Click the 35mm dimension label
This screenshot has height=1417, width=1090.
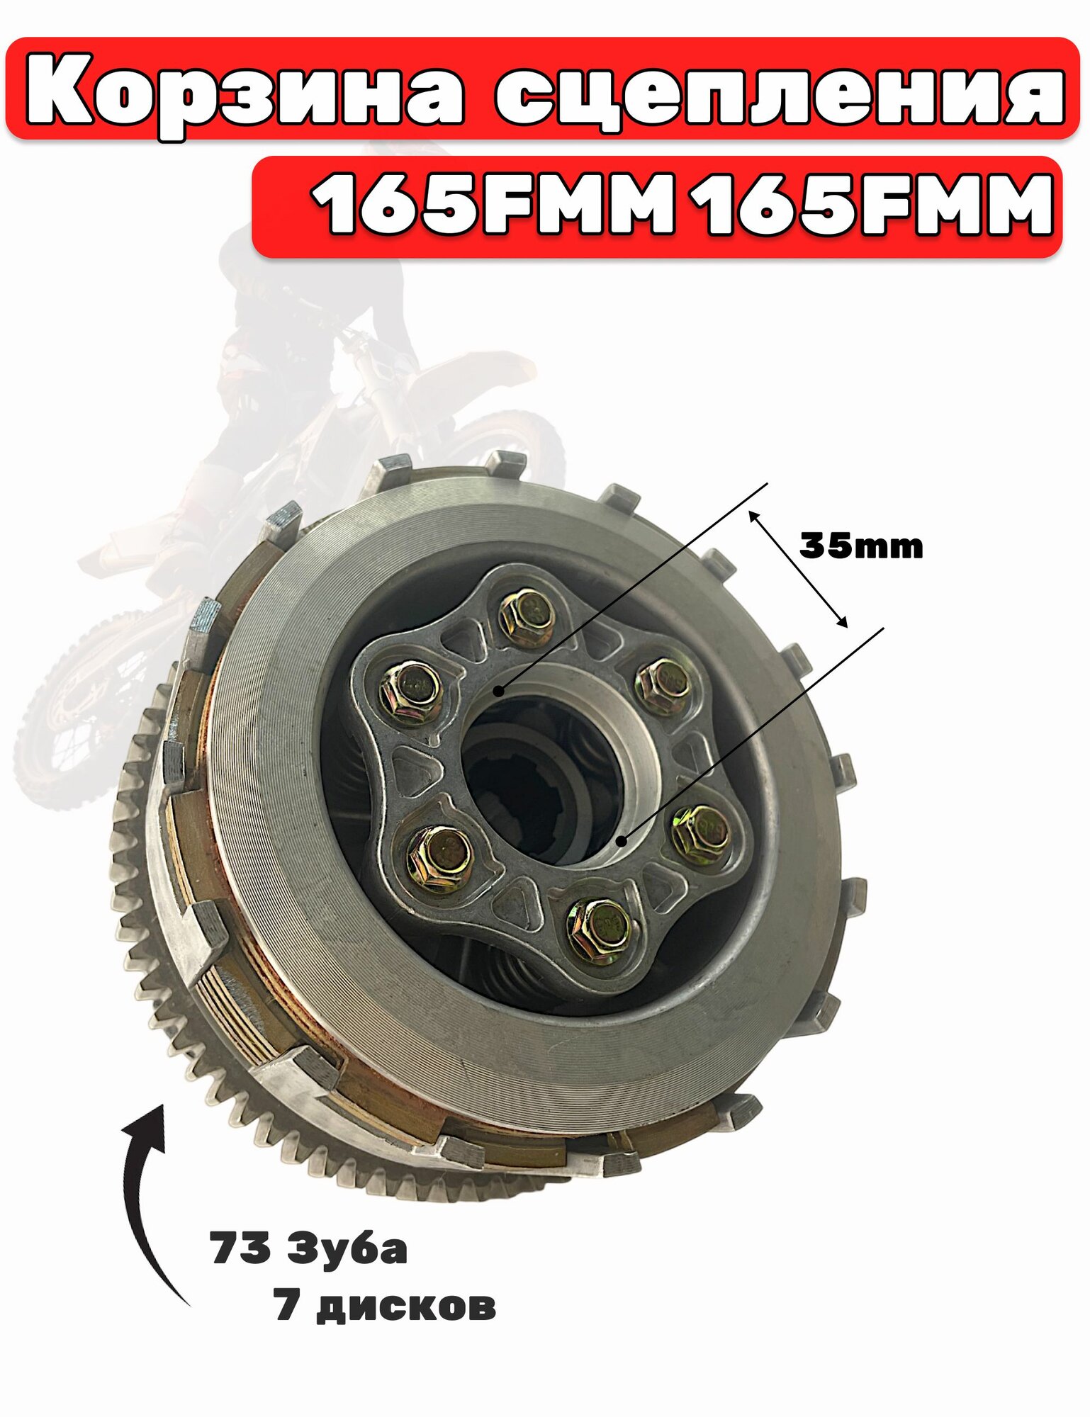tap(861, 546)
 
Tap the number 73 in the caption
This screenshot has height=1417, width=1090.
tap(240, 1249)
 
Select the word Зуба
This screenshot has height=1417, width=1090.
tap(347, 1249)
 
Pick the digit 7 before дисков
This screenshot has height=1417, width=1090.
tap(287, 1305)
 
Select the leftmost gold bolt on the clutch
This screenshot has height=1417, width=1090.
tap(410, 690)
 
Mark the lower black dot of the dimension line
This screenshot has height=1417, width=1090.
tap(622, 841)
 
